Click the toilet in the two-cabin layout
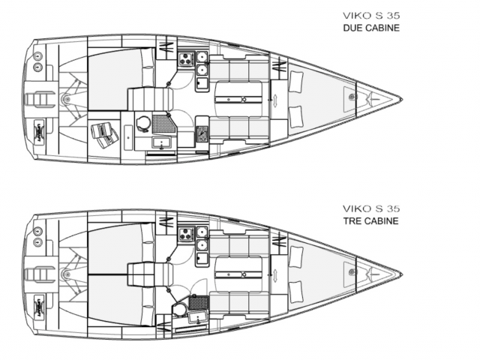tap(144, 122)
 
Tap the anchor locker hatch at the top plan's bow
tap(351, 95)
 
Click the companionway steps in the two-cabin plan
tap(144, 97)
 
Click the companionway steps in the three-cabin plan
tap(140, 274)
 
